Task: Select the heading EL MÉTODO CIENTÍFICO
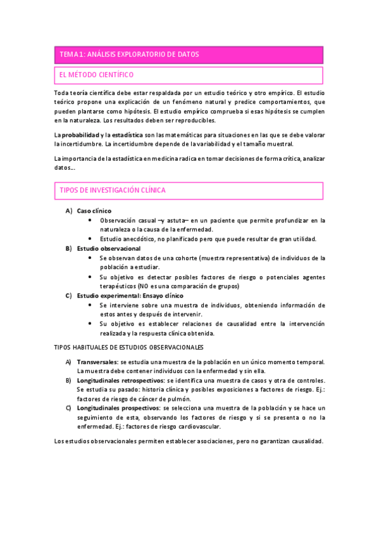pos(96,75)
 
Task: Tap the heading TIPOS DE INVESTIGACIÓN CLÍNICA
pos(113,190)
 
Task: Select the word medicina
pos(164,158)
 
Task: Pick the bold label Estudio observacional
pos(108,248)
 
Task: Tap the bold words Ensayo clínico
pos(163,296)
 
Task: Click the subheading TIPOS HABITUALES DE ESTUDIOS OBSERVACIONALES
pos(128,347)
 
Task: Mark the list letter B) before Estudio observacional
pos(68,248)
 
